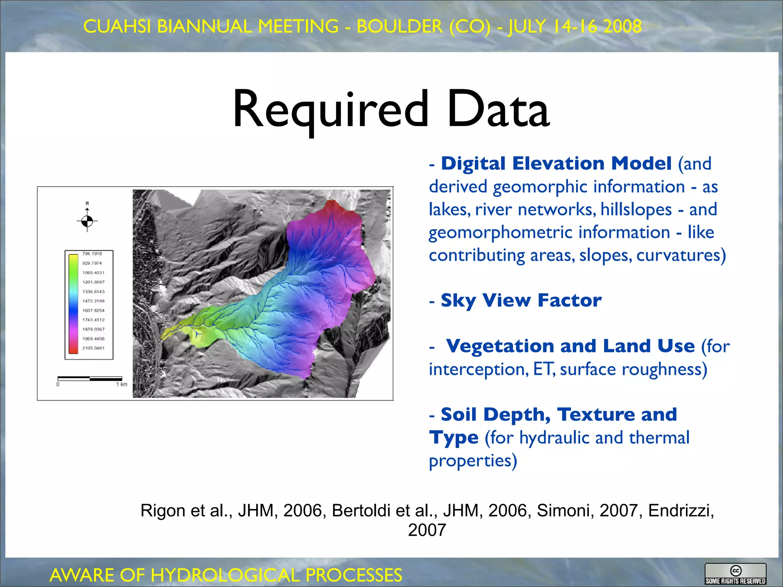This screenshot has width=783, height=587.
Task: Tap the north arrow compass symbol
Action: point(87,221)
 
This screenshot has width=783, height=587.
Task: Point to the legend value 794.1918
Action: point(92,254)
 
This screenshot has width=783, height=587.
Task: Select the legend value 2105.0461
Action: point(93,348)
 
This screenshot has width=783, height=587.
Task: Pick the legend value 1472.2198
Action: point(93,301)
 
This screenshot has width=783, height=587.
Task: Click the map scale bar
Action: point(90,379)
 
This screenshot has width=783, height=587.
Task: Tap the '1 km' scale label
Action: point(122,384)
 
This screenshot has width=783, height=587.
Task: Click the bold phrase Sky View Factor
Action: point(521,300)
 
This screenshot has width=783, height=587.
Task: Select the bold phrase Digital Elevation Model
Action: point(556,164)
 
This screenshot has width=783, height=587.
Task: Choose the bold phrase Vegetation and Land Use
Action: point(570,346)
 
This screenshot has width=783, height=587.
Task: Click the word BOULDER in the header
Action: point(400,26)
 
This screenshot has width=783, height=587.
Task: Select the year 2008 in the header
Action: point(622,26)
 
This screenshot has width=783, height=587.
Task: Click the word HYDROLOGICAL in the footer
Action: point(225,575)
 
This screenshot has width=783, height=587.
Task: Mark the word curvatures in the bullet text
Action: point(681,255)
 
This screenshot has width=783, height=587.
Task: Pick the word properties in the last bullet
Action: point(473,461)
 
